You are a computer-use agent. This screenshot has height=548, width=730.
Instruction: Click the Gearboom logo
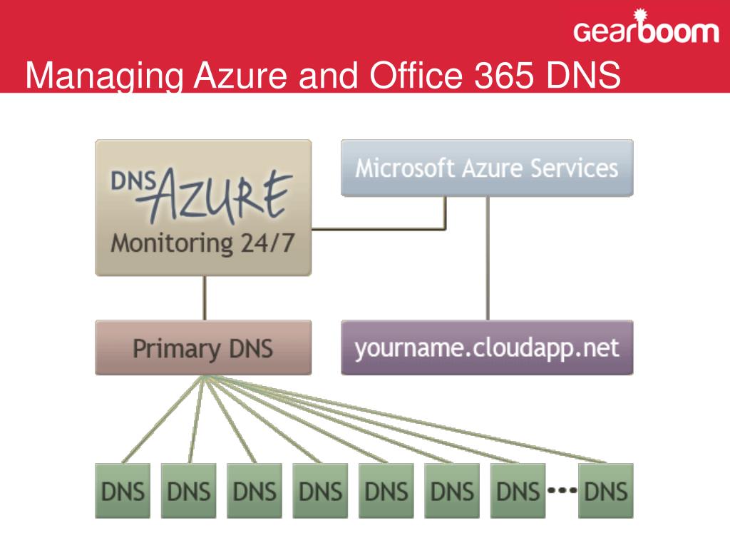(x=646, y=31)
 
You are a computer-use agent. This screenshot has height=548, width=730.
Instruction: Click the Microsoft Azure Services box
(x=487, y=168)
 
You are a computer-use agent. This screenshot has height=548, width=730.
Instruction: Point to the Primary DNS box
(x=203, y=348)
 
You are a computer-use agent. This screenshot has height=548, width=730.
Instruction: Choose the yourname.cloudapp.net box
(x=487, y=348)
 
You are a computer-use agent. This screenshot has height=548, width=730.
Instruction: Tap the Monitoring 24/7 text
(x=202, y=243)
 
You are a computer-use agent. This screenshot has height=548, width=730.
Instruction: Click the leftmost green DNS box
(x=123, y=491)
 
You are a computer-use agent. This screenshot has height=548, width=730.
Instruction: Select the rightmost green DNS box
(x=605, y=491)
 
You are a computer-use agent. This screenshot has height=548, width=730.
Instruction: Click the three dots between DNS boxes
(x=562, y=491)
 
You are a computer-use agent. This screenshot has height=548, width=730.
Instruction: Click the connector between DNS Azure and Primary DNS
(x=205, y=298)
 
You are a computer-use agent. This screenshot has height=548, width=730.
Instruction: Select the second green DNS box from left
(x=188, y=491)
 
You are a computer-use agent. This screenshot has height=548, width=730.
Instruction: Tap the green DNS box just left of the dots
(x=518, y=491)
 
